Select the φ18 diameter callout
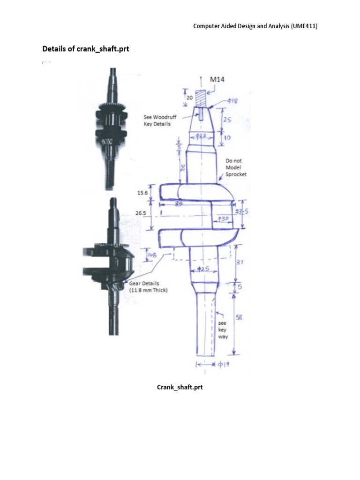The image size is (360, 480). point(219,100)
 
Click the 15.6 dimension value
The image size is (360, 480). point(142,192)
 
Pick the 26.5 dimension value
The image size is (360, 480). point(141,212)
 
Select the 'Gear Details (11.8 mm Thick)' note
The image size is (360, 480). point(149,287)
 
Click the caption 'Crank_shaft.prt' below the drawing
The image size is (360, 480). point(180,388)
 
